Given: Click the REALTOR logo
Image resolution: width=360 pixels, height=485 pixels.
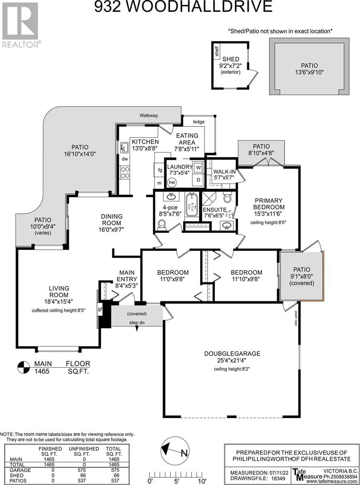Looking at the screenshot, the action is pos(21,25).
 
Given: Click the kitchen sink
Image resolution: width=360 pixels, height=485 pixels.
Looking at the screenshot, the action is pos(124,147).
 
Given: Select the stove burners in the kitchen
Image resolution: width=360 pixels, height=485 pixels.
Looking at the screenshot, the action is pos(125,172).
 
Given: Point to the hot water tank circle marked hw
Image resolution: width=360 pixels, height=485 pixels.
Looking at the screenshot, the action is pos(172,182).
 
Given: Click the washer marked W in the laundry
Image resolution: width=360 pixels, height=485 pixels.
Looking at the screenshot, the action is pos(198,167).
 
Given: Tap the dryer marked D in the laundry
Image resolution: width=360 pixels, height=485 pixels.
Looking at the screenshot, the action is pos(198,180).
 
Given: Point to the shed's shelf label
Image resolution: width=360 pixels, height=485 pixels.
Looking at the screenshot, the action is pos(217,51).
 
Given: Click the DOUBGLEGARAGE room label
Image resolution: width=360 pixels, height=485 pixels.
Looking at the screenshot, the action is pos(232,354).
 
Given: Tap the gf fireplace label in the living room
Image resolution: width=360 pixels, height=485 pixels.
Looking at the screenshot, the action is pos(100,309).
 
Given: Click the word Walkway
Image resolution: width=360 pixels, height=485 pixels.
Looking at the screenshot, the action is pos(148,115).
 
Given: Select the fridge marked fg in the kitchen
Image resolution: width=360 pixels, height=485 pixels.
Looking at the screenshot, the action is pos(160,170).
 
